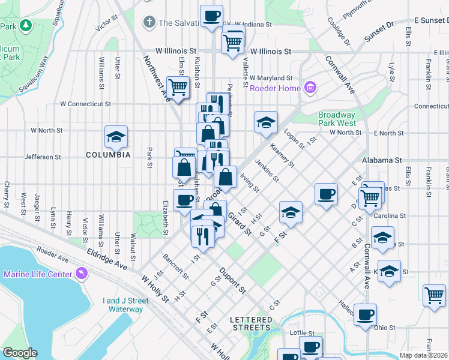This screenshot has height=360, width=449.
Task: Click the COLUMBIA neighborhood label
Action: point(108,155)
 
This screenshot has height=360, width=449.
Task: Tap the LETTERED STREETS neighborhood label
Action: point(252,323)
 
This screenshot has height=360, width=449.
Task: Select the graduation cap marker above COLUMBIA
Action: point(116,137)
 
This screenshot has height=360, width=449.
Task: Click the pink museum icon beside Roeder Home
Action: point(310,89)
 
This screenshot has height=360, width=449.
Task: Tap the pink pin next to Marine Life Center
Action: point(82,274)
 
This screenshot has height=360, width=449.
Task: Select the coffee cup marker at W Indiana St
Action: point(211,16)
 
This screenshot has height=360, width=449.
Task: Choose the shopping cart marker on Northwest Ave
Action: point(178,88)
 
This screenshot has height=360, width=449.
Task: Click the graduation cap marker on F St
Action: point(290,212)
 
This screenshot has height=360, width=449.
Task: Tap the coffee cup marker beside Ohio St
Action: point(364,314)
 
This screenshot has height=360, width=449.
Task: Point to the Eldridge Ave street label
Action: point(107,260)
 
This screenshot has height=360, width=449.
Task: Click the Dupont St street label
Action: point(232,280)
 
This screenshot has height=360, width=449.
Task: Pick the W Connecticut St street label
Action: point(85,104)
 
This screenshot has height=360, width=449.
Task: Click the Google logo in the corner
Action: point(20,353)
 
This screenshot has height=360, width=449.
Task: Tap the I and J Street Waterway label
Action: point(125,305)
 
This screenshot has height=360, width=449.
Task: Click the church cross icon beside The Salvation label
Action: point(149,23)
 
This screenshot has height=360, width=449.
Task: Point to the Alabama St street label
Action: point(382,161)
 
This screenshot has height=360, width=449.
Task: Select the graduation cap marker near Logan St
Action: point(266,122)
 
